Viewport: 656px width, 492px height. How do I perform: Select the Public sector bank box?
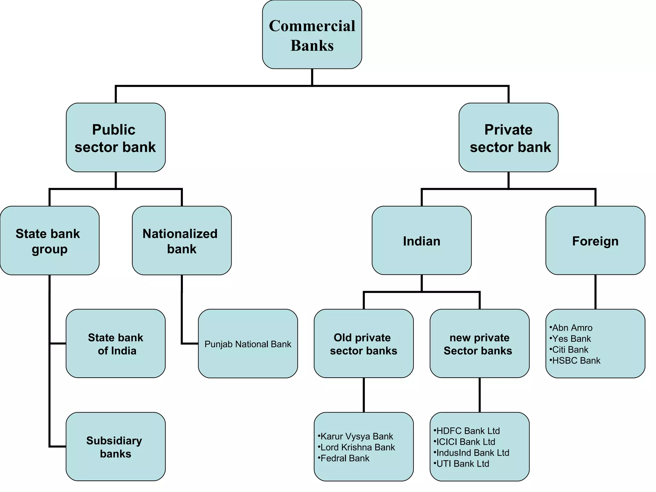pyautogui.click(x=116, y=138)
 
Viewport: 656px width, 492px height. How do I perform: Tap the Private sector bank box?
pyautogui.click(x=508, y=138)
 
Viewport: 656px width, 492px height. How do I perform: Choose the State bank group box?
pyautogui.click(x=50, y=241)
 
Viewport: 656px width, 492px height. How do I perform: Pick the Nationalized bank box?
pyautogui.click(x=182, y=241)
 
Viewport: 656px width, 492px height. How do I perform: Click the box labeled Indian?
pyautogui.click(x=422, y=241)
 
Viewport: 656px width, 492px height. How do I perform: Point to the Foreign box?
pyautogui.click(x=595, y=241)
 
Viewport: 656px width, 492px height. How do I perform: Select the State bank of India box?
pyautogui.click(x=116, y=344)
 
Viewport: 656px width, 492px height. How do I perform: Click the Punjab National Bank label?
pyautogui.click(x=248, y=344)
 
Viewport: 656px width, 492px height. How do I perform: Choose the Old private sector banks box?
pyautogui.click(x=364, y=344)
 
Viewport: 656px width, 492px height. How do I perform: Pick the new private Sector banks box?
pyautogui.click(x=480, y=344)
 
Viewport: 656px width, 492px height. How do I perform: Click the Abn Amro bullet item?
pyautogui.click(x=572, y=328)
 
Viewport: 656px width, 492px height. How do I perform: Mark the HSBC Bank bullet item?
pyautogui.click(x=576, y=361)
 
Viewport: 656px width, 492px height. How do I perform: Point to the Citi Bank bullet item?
pyautogui.click(x=570, y=349)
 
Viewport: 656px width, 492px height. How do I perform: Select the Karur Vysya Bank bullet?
pyautogui.click(x=357, y=436)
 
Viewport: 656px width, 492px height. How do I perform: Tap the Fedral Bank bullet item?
pyautogui.click(x=345, y=458)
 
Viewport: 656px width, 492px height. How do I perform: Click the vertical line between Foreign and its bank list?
pyautogui.click(x=595, y=292)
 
